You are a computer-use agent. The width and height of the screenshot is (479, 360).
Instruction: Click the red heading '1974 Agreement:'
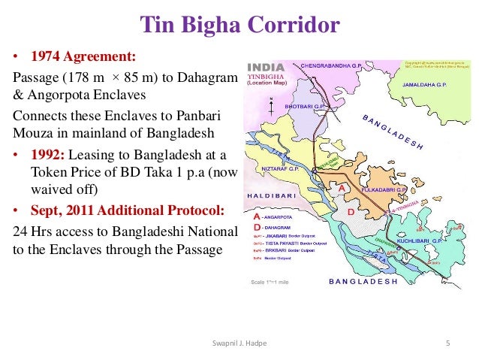coord(83,57)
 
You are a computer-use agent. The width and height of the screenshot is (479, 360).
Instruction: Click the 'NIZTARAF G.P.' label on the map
coord(280,169)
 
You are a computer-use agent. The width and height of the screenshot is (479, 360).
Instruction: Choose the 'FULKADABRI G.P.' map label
coord(384,190)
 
